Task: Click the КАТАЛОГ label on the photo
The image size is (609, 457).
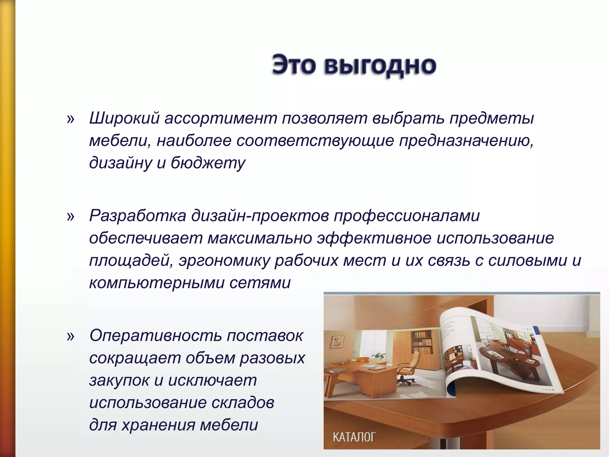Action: (x=354, y=437)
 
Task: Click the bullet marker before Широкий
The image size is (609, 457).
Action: (x=71, y=119)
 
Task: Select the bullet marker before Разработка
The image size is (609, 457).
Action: (x=71, y=216)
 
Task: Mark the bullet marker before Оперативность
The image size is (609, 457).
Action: (x=71, y=336)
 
